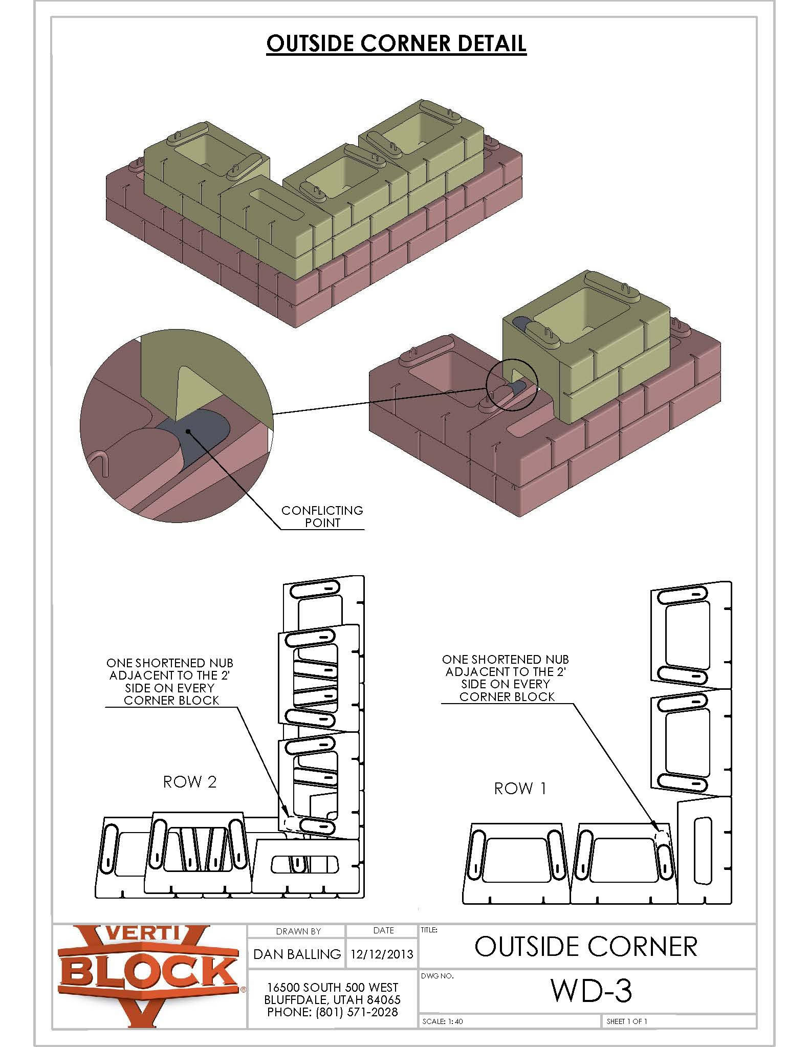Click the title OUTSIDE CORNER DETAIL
pos(396,43)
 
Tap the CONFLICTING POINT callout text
pos(322,516)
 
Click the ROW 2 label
pos(190,782)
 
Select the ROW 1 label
pos(520,789)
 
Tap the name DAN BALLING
pos(297,954)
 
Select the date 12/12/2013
pos(382,954)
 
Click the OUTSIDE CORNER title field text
pos(586,947)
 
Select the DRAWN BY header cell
pos(298,931)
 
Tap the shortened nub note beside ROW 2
pos(170,682)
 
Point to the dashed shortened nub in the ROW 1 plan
pos(662,835)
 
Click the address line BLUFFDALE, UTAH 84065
pos(333,999)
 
